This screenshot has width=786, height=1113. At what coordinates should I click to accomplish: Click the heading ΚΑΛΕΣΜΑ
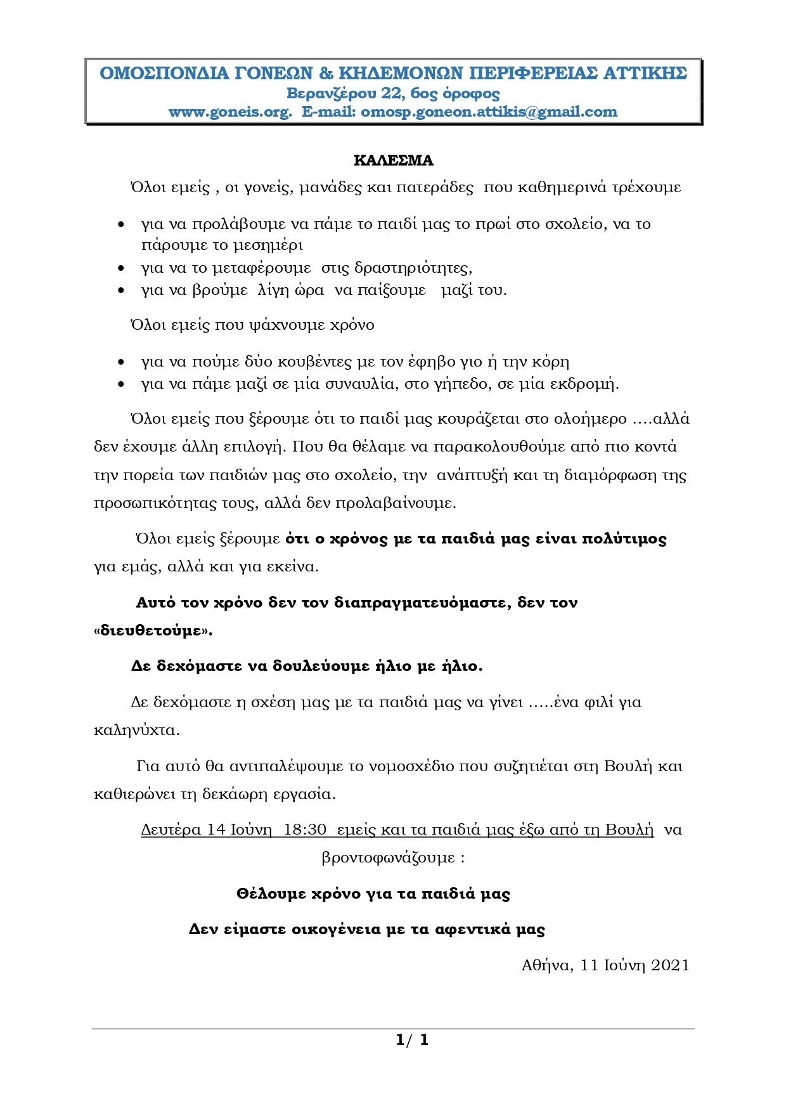[x=393, y=160]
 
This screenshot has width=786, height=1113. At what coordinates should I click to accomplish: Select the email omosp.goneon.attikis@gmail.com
[x=489, y=112]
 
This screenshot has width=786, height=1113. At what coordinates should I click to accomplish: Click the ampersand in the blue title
[x=326, y=74]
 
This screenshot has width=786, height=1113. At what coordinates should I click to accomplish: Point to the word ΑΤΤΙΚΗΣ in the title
[x=645, y=74]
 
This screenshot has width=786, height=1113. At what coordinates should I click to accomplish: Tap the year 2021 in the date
[x=670, y=965]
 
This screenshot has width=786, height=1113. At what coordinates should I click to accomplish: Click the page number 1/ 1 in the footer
[x=412, y=1040]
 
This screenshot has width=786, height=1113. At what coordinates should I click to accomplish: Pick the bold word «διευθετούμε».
[x=153, y=631]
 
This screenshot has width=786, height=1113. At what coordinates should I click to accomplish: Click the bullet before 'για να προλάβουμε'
[x=121, y=225]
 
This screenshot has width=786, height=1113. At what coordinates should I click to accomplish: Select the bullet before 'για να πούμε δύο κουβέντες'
[x=121, y=363]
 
